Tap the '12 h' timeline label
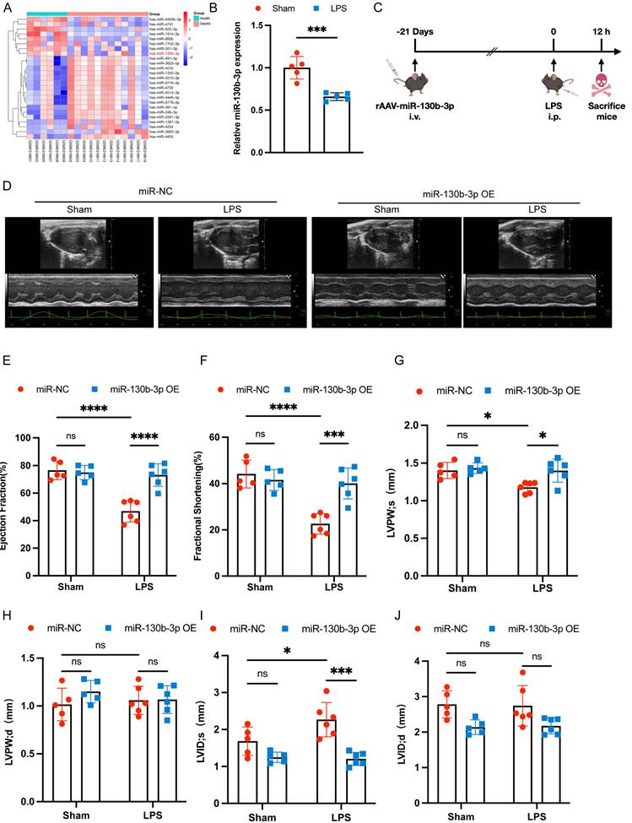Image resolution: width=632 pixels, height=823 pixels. point(601,32)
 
